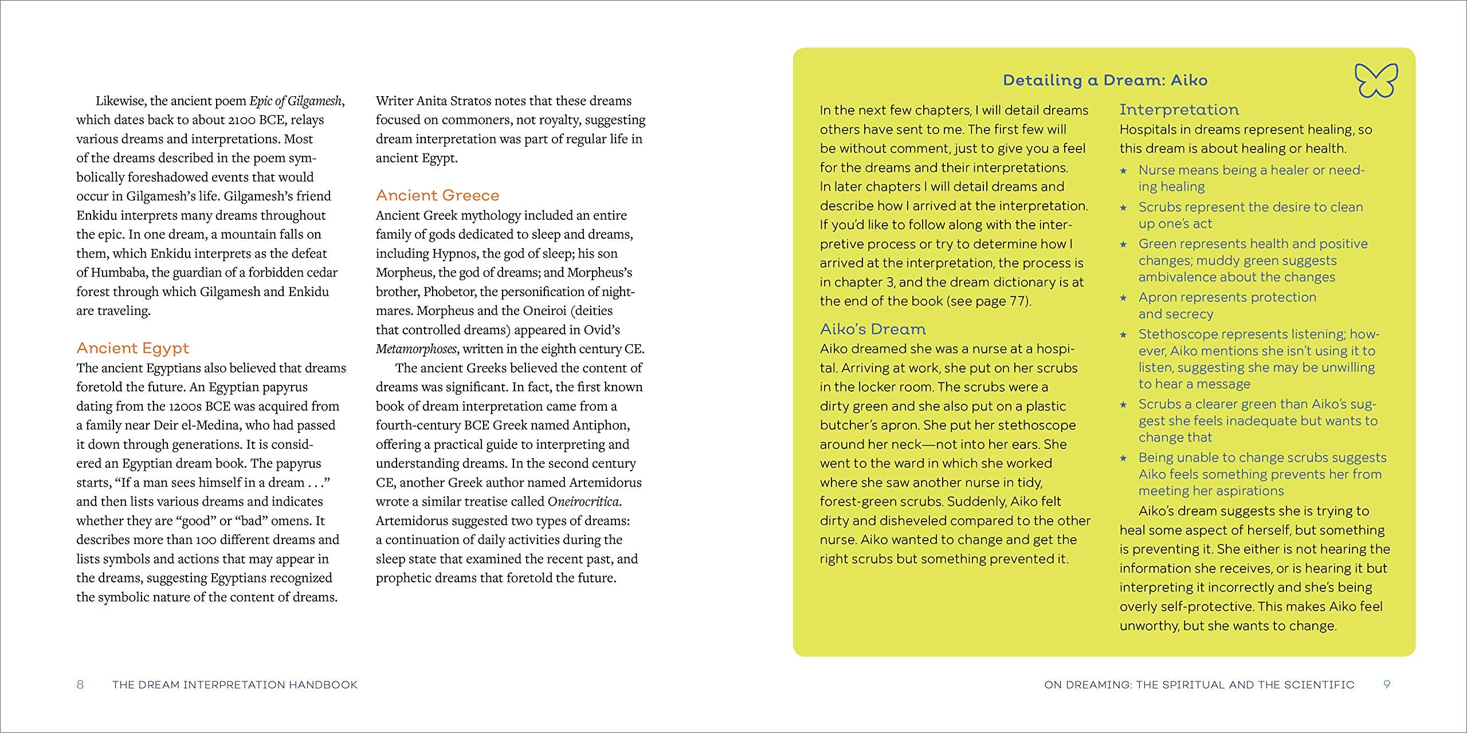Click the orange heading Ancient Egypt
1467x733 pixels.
pos(132,348)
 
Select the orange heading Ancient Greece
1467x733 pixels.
pos(437,195)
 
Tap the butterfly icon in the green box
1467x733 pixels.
pos(1376,80)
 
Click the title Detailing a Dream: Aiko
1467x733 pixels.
pos(1105,80)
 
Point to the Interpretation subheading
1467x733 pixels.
pos(1179,109)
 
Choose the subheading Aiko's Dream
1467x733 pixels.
pos(873,329)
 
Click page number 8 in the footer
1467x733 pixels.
pos(80,684)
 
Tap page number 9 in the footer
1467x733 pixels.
pos(1386,684)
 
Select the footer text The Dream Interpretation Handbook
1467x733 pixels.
pos(235,684)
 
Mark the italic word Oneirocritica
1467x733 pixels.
pos(583,502)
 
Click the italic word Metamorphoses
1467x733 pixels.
pos(416,349)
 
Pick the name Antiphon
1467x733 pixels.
pos(601,425)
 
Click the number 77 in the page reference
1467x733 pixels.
pos(1017,301)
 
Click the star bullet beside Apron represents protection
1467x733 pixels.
pos(1123,298)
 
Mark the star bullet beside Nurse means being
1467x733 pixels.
pos(1123,171)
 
